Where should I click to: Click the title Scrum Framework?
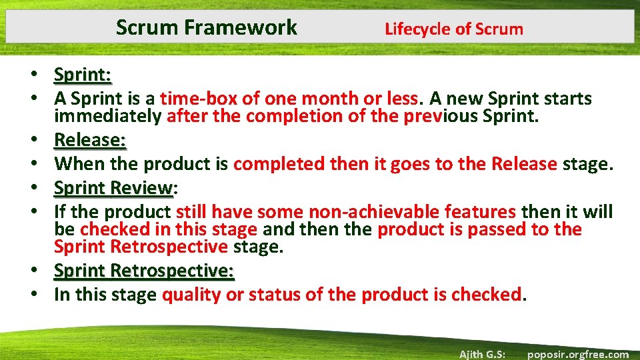[206, 27]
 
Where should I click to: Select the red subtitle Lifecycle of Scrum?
[454, 29]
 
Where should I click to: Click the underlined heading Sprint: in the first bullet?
[83, 73]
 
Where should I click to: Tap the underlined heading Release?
[90, 140]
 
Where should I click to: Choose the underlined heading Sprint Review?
[114, 189]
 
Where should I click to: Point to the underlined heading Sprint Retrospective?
[144, 271]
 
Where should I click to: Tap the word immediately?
[108, 117]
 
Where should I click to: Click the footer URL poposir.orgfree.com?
[577, 354]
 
